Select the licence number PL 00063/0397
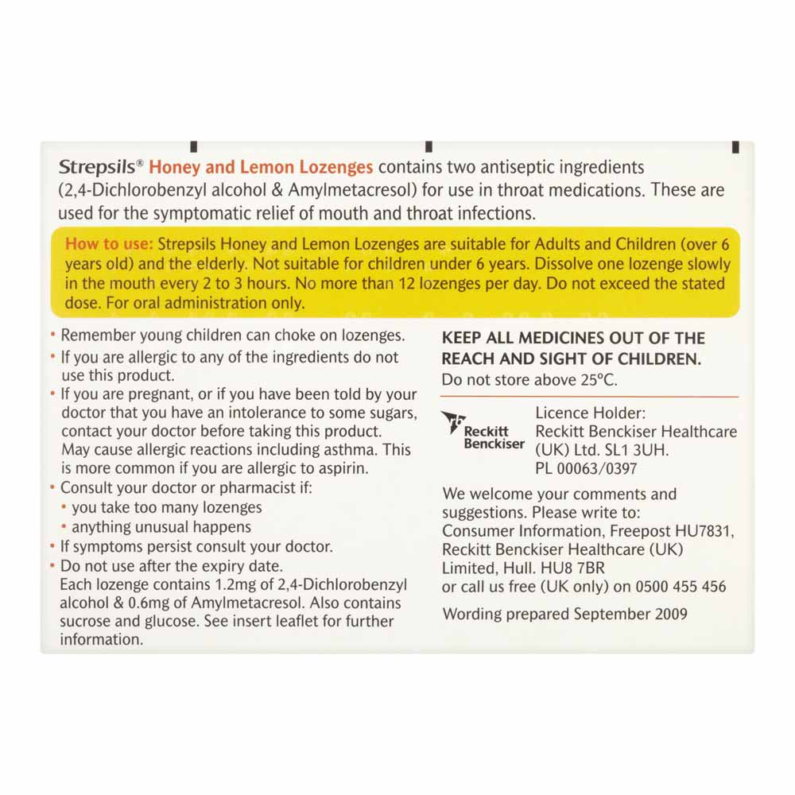click(x=587, y=469)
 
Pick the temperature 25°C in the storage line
click(x=597, y=379)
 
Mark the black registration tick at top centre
click(x=429, y=145)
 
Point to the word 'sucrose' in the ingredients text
click(x=86, y=622)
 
